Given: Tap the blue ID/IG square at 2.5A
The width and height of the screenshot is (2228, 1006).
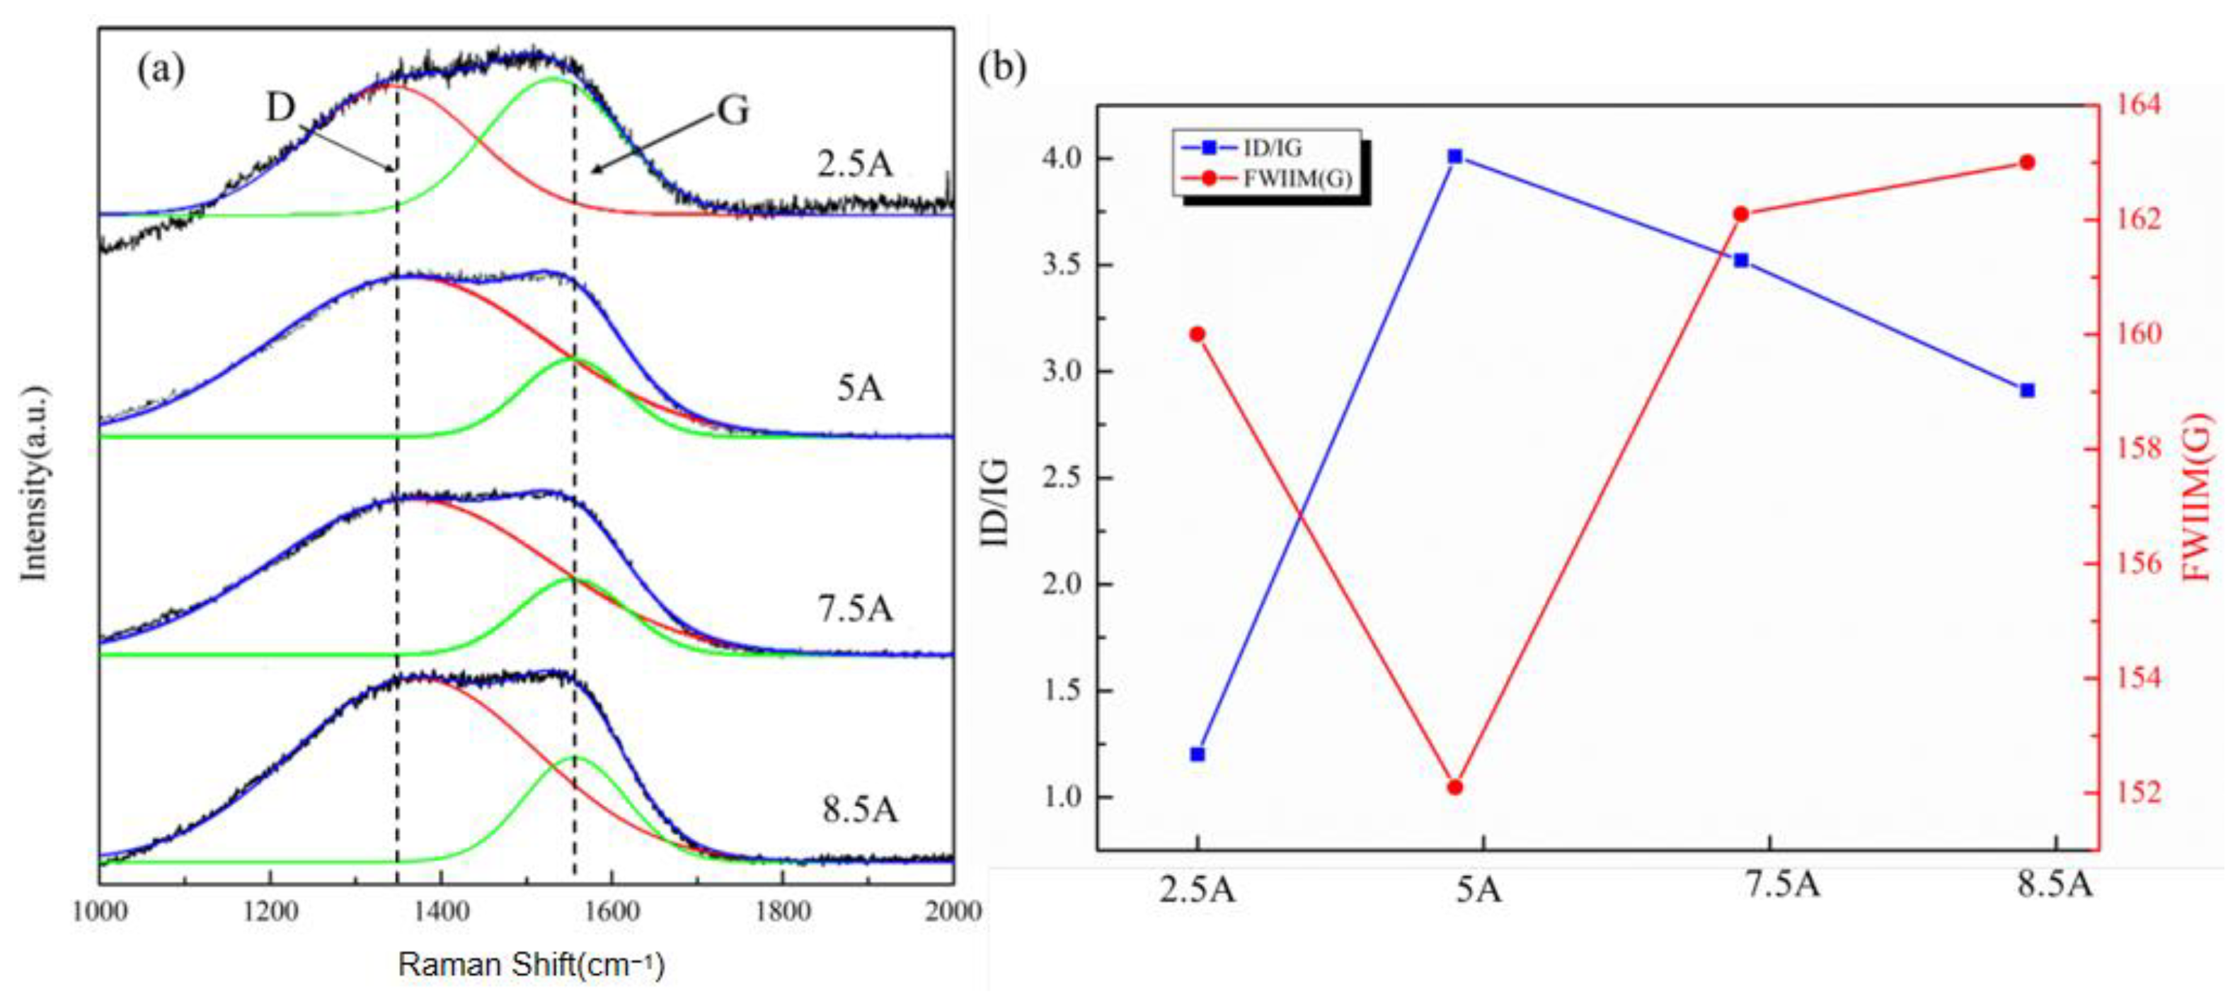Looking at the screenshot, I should pyautogui.click(x=1198, y=754).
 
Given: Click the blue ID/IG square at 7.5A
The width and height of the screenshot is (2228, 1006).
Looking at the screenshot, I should pyautogui.click(x=1742, y=261).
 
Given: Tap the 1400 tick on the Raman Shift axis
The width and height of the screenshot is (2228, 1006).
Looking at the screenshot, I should pyautogui.click(x=441, y=911).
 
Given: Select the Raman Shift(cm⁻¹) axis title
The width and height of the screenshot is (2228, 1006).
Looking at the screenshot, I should pyautogui.click(x=531, y=964).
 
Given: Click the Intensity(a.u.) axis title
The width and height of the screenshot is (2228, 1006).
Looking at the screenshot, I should pyautogui.click(x=34, y=483).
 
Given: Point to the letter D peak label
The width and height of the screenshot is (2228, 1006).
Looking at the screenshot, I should pyautogui.click(x=280, y=108).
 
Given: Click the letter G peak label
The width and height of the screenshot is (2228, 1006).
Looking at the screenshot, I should pyautogui.click(x=733, y=110).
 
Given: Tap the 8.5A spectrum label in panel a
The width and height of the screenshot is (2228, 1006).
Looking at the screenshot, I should pyautogui.click(x=860, y=810).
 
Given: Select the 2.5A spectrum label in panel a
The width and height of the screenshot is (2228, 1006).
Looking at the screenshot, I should pyautogui.click(x=854, y=164).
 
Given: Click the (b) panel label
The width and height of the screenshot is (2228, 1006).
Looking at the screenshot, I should pyautogui.click(x=1001, y=67).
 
